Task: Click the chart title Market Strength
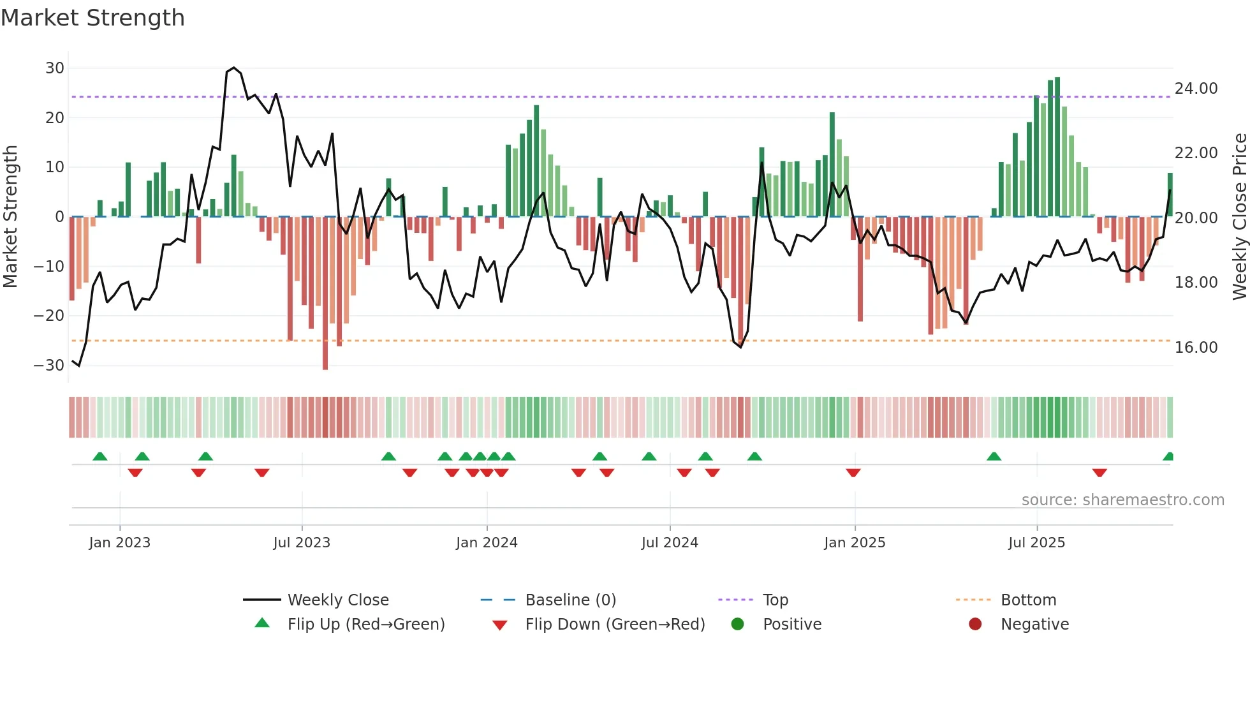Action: click(x=93, y=18)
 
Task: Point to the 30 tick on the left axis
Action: click(x=55, y=68)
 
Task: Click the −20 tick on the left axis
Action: click(x=49, y=316)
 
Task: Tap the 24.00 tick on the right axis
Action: click(x=1196, y=89)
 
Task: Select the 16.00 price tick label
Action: click(x=1196, y=348)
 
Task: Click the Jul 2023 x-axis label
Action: click(x=302, y=543)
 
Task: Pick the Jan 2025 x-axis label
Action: click(x=854, y=543)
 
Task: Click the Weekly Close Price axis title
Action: click(x=1239, y=217)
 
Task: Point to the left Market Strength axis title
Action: click(x=11, y=217)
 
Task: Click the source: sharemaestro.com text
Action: click(x=1122, y=500)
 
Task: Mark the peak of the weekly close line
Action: click(x=234, y=68)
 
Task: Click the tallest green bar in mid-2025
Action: click(x=1057, y=147)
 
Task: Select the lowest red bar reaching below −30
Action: click(x=325, y=293)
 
